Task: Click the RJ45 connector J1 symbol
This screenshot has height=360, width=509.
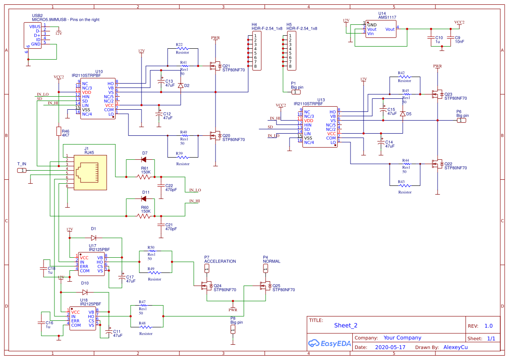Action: pyautogui.click(x=90, y=172)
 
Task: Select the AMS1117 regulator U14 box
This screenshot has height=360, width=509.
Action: pyautogui.click(x=381, y=29)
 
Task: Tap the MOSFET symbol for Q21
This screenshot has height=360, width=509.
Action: pyautogui.click(x=215, y=66)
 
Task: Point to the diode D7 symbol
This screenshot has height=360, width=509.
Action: pyautogui.click(x=144, y=159)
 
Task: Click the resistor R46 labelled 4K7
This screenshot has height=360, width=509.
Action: pyautogui.click(x=58, y=131)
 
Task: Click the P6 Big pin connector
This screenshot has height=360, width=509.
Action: pyautogui.click(x=461, y=121)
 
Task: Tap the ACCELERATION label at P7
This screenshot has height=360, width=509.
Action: pyautogui.click(x=220, y=262)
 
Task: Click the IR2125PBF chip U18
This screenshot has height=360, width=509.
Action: pyautogui.click(x=83, y=319)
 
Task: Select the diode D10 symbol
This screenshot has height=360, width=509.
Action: pyautogui.click(x=85, y=292)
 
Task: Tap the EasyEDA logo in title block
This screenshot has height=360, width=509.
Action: pyautogui.click(x=329, y=343)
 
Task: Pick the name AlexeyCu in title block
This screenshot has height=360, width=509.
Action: pyautogui.click(x=455, y=348)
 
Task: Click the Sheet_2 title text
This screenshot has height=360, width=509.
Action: pyautogui.click(x=346, y=325)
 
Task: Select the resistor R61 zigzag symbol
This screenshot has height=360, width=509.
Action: pyautogui.click(x=144, y=177)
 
